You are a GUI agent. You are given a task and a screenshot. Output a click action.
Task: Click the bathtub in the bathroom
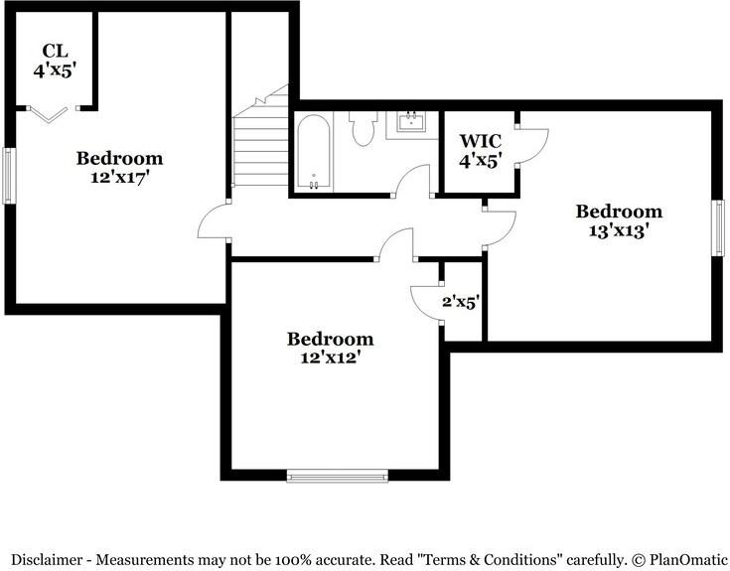(x=314, y=153)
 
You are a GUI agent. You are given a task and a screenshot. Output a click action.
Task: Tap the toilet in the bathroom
(x=362, y=128)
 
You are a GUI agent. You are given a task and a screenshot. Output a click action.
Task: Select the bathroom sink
(x=410, y=123)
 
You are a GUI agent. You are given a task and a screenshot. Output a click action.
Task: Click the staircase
(x=259, y=144)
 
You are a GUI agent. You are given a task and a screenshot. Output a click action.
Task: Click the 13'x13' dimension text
(x=619, y=229)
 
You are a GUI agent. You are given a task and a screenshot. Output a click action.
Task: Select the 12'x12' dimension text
(x=330, y=357)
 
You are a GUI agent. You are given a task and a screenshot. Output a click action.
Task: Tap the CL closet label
(x=54, y=52)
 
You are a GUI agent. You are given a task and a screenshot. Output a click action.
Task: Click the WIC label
(x=480, y=141)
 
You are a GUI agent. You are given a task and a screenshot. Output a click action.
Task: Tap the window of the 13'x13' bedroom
(x=717, y=228)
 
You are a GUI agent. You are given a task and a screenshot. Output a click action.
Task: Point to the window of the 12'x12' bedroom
(x=337, y=477)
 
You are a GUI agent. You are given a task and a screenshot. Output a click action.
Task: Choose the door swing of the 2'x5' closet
(x=425, y=300)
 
